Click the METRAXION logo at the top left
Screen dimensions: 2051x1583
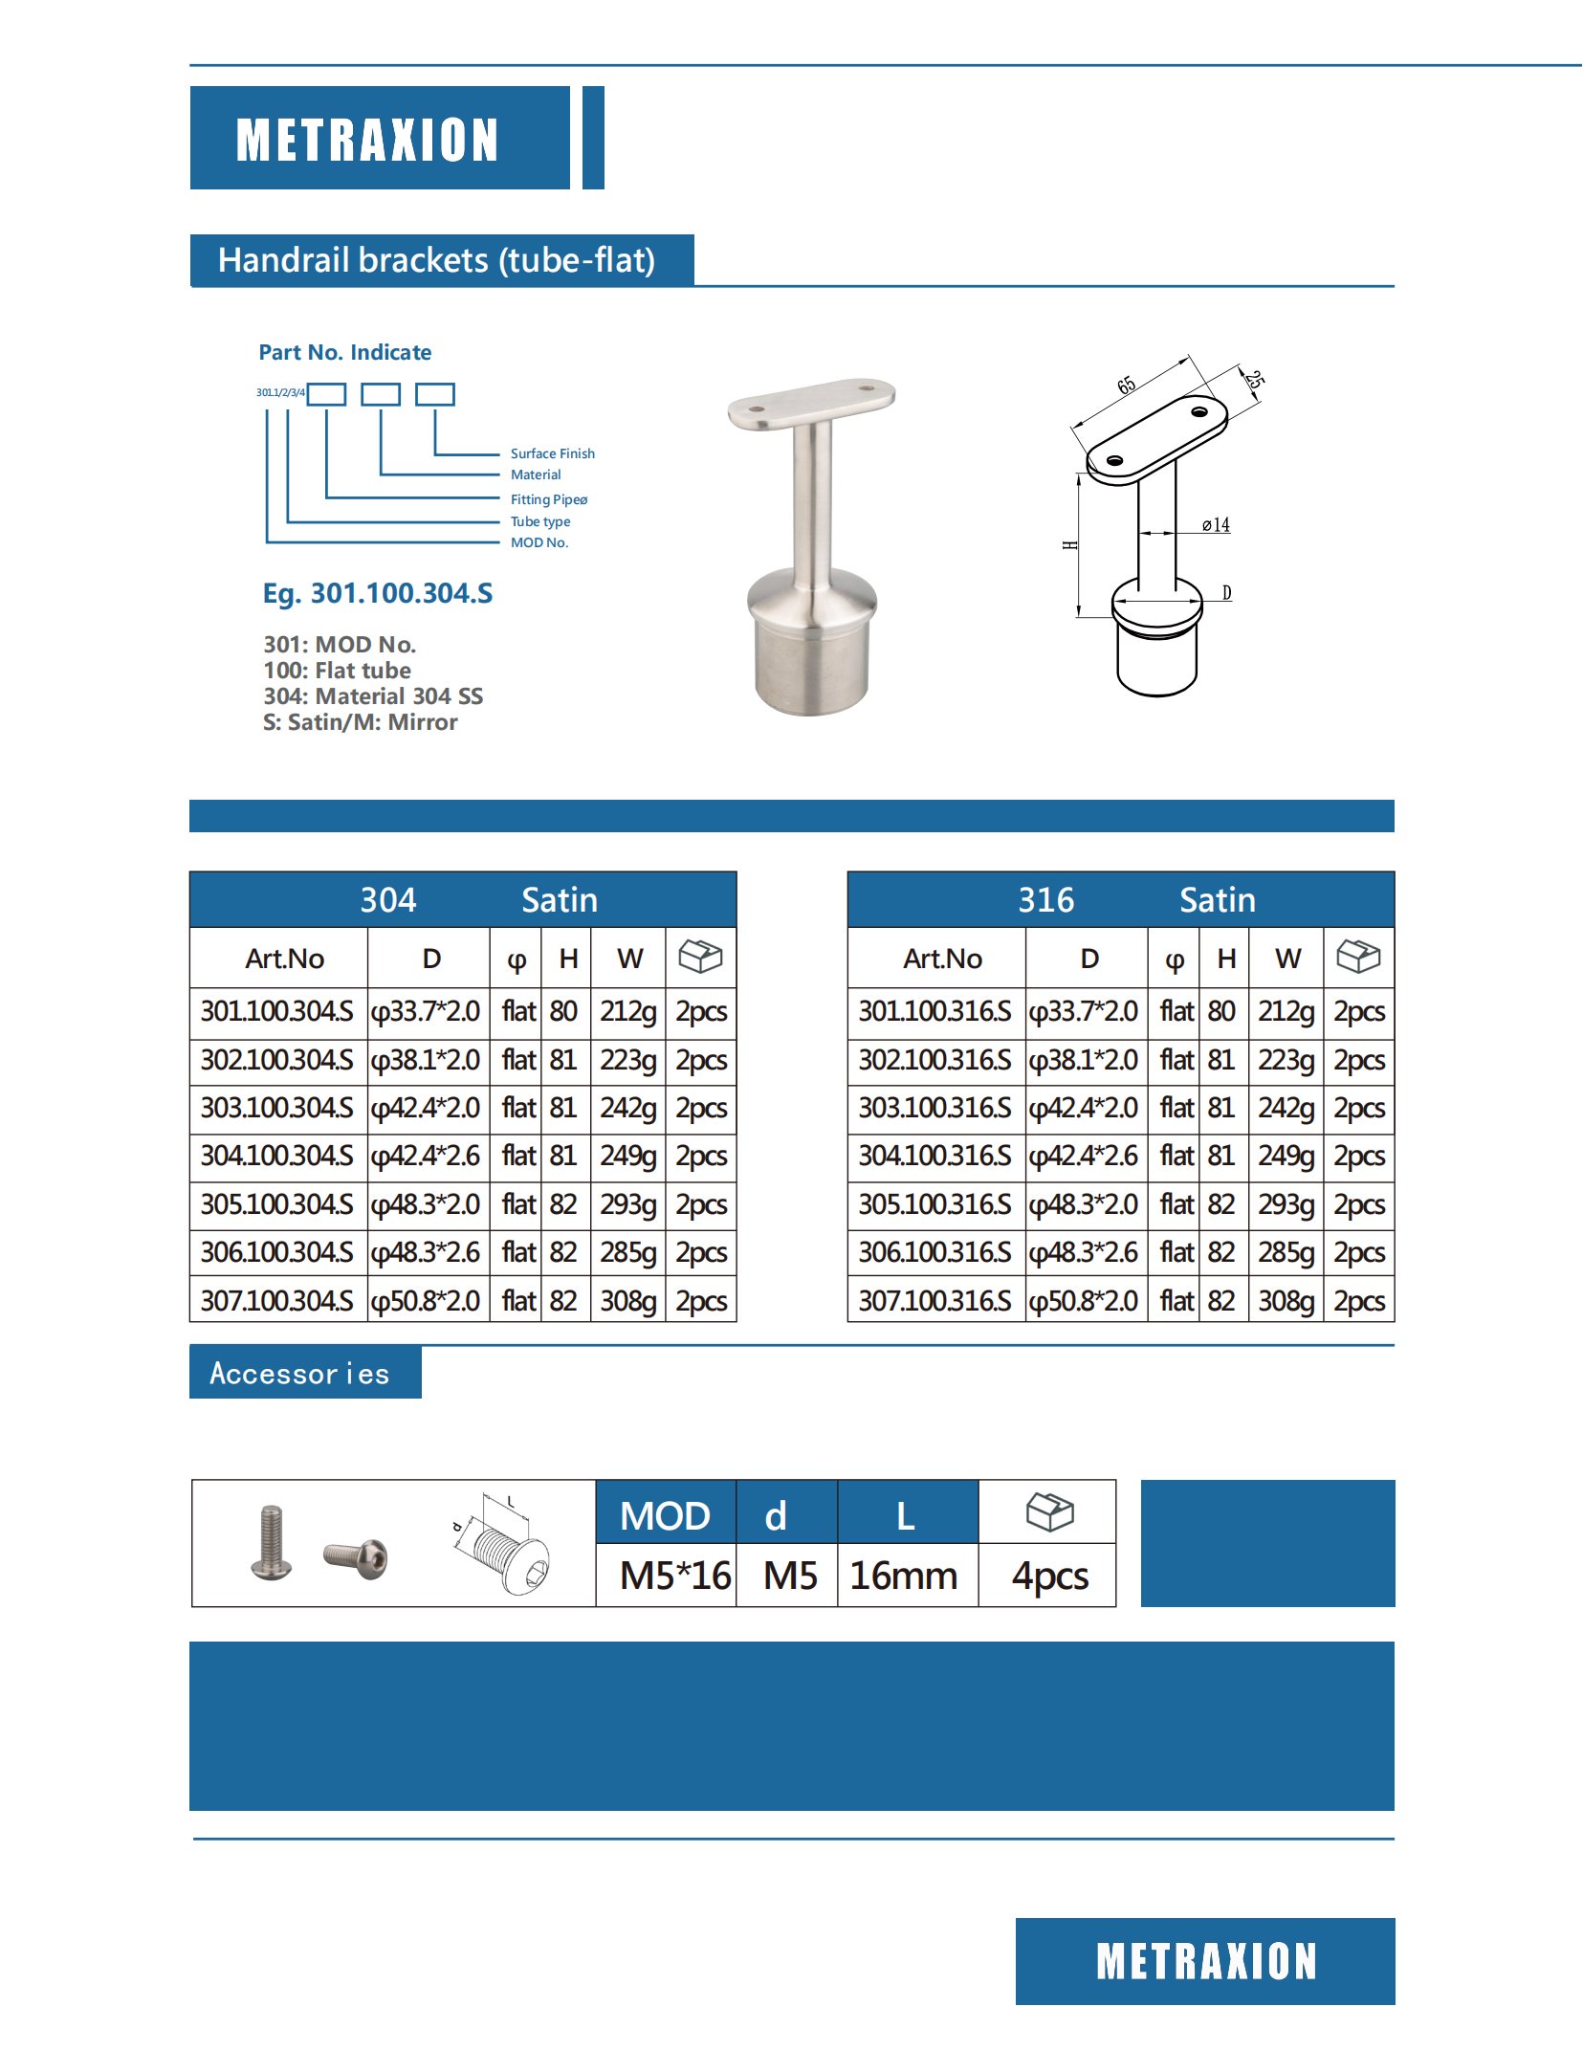(x=367, y=140)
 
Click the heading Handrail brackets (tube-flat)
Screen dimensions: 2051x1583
(x=436, y=260)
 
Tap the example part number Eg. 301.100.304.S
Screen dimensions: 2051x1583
(x=378, y=593)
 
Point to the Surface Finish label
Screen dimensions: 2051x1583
(x=552, y=453)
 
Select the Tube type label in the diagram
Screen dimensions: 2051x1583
(x=540, y=521)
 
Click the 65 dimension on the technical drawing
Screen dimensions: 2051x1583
(x=1127, y=386)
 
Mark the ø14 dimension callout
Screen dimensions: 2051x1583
(x=1216, y=525)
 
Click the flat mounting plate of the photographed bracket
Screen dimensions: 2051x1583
(x=811, y=403)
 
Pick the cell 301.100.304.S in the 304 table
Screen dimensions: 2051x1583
(x=277, y=1012)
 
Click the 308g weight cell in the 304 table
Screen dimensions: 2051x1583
(x=628, y=1301)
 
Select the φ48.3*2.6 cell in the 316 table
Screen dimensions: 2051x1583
(x=1084, y=1252)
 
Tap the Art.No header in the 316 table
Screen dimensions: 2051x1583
(x=942, y=959)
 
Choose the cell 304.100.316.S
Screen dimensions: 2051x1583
(x=934, y=1157)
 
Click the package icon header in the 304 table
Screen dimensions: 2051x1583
(x=700, y=957)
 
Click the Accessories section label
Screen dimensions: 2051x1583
(x=300, y=1374)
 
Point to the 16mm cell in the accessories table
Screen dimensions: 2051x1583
(x=904, y=1576)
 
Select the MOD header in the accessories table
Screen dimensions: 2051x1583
(x=665, y=1516)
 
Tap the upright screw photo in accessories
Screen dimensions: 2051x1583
(x=271, y=1542)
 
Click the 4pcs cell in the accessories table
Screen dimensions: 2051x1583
(x=1049, y=1576)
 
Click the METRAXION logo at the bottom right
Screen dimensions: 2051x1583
(x=1205, y=1962)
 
